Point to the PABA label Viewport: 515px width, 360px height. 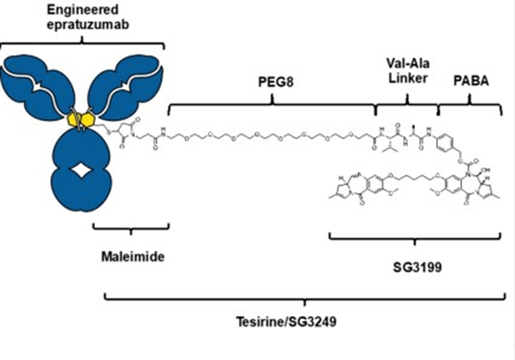tap(469, 80)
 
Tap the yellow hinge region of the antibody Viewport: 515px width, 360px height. tap(81, 119)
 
